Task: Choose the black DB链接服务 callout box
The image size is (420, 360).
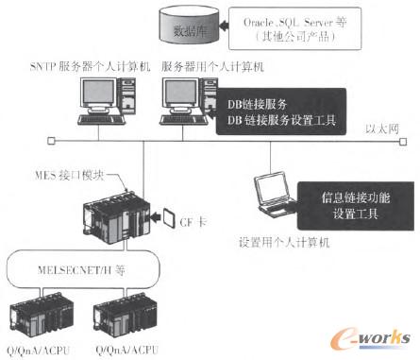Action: click(x=273, y=110)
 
